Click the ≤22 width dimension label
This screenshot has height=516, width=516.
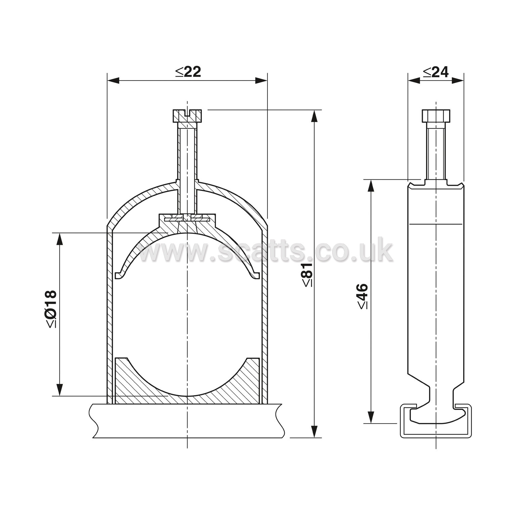coord(188,72)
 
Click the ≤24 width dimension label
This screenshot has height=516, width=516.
coord(435,72)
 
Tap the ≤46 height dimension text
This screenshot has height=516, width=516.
coord(363,296)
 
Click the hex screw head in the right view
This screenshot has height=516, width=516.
coord(436,116)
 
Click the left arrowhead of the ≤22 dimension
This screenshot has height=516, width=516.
coord(113,80)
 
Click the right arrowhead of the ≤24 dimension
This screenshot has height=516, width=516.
coord(458,80)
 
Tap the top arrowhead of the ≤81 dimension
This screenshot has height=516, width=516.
coord(314,116)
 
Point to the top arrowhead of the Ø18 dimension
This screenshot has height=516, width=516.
coord(60,239)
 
